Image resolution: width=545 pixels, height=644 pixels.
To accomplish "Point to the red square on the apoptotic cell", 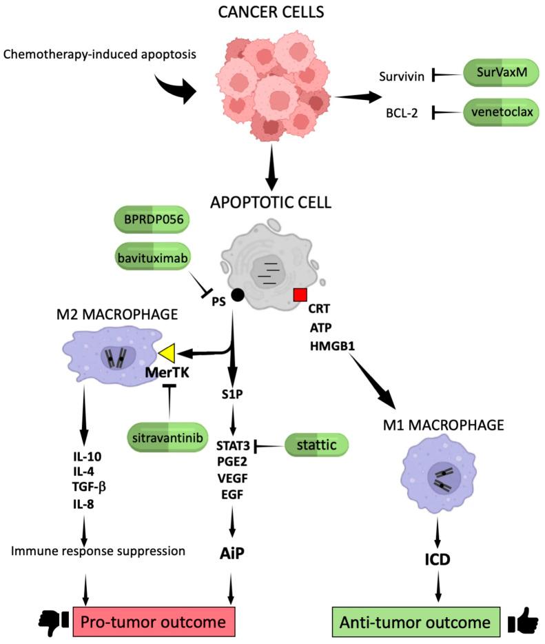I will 300,295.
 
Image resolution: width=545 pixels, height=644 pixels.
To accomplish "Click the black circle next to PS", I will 238,295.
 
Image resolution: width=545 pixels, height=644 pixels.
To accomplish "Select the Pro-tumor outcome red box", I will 153,622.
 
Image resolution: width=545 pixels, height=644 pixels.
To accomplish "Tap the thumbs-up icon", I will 523,621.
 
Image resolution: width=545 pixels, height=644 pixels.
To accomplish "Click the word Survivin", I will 400,75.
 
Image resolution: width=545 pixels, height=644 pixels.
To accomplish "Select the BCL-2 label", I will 405,112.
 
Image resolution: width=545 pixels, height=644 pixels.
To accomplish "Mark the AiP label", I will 240,552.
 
